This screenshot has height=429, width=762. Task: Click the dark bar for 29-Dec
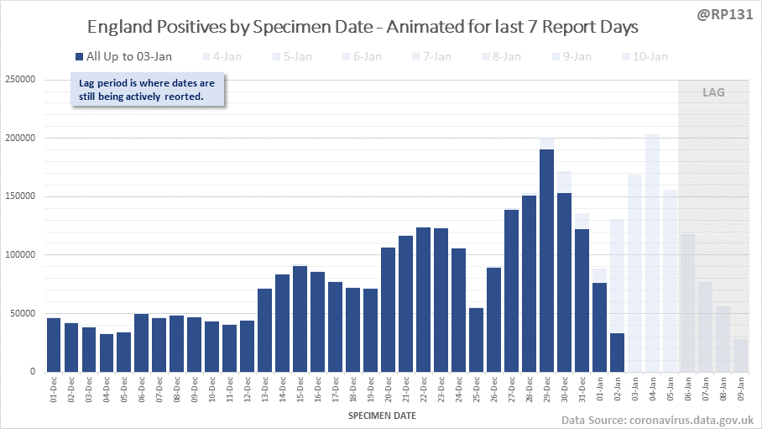pos(546,260)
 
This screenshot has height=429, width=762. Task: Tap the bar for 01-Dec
pos(54,344)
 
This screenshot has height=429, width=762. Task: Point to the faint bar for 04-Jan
pos(652,252)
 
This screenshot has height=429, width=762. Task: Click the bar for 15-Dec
pos(300,318)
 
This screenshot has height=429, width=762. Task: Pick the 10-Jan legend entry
pos(647,56)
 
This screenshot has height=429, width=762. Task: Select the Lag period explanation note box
pos(148,90)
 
